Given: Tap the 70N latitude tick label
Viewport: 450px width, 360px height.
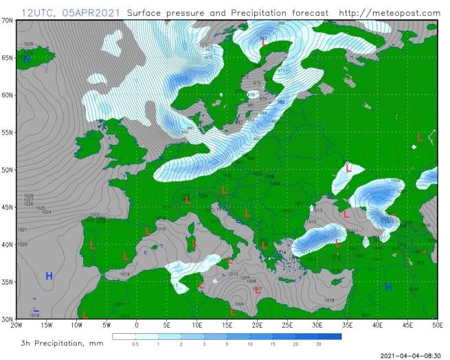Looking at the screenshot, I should tap(8, 21).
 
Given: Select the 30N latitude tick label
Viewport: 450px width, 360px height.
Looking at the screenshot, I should tap(8, 319).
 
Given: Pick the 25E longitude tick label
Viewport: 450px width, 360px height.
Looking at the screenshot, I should tap(286, 326).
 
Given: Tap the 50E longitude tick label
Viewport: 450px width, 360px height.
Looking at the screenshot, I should tap(437, 326).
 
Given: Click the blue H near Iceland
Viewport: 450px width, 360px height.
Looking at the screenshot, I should tap(26, 59).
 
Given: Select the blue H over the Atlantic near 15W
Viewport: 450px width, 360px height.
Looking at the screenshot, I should tap(49, 276).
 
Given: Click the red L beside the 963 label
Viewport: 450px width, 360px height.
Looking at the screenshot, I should tap(265, 43).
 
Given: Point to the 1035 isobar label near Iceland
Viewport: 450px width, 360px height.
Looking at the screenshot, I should tap(28, 44).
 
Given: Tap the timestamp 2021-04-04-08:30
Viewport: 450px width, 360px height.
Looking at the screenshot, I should tap(409, 355).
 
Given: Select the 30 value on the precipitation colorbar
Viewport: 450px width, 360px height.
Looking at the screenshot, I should tap(318, 344).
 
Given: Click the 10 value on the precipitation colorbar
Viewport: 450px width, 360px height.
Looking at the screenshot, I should tap(249, 344).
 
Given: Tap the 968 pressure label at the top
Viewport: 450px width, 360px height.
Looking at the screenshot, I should tap(281, 23).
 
